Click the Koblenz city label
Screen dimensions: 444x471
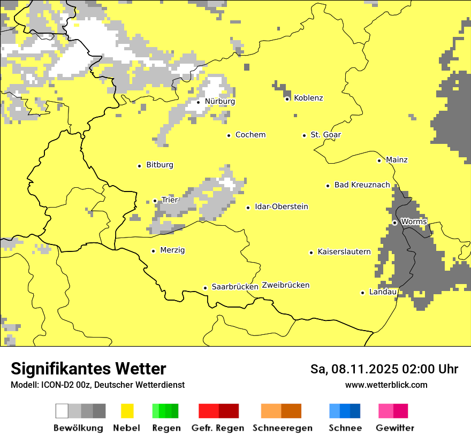(308, 98)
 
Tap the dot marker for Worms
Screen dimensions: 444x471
(394, 222)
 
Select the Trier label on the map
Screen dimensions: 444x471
(170, 200)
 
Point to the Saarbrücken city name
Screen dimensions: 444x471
(235, 287)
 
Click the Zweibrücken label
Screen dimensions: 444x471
(285, 285)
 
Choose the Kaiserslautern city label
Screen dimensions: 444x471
(344, 251)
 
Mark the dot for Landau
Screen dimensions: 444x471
(362, 293)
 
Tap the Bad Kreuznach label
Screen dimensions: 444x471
(362, 185)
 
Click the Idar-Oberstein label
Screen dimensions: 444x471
(282, 206)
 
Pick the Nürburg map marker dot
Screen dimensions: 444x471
(198, 102)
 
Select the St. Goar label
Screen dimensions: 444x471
(326, 135)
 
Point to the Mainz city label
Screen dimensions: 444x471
(397, 160)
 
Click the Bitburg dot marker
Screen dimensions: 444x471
(139, 166)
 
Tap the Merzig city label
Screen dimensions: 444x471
(173, 250)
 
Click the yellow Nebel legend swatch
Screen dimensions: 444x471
(127, 411)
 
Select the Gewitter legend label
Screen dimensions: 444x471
(394, 428)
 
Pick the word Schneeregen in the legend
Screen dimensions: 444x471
(283, 428)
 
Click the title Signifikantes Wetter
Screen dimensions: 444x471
(88, 369)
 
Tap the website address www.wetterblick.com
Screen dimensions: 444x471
(386, 385)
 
